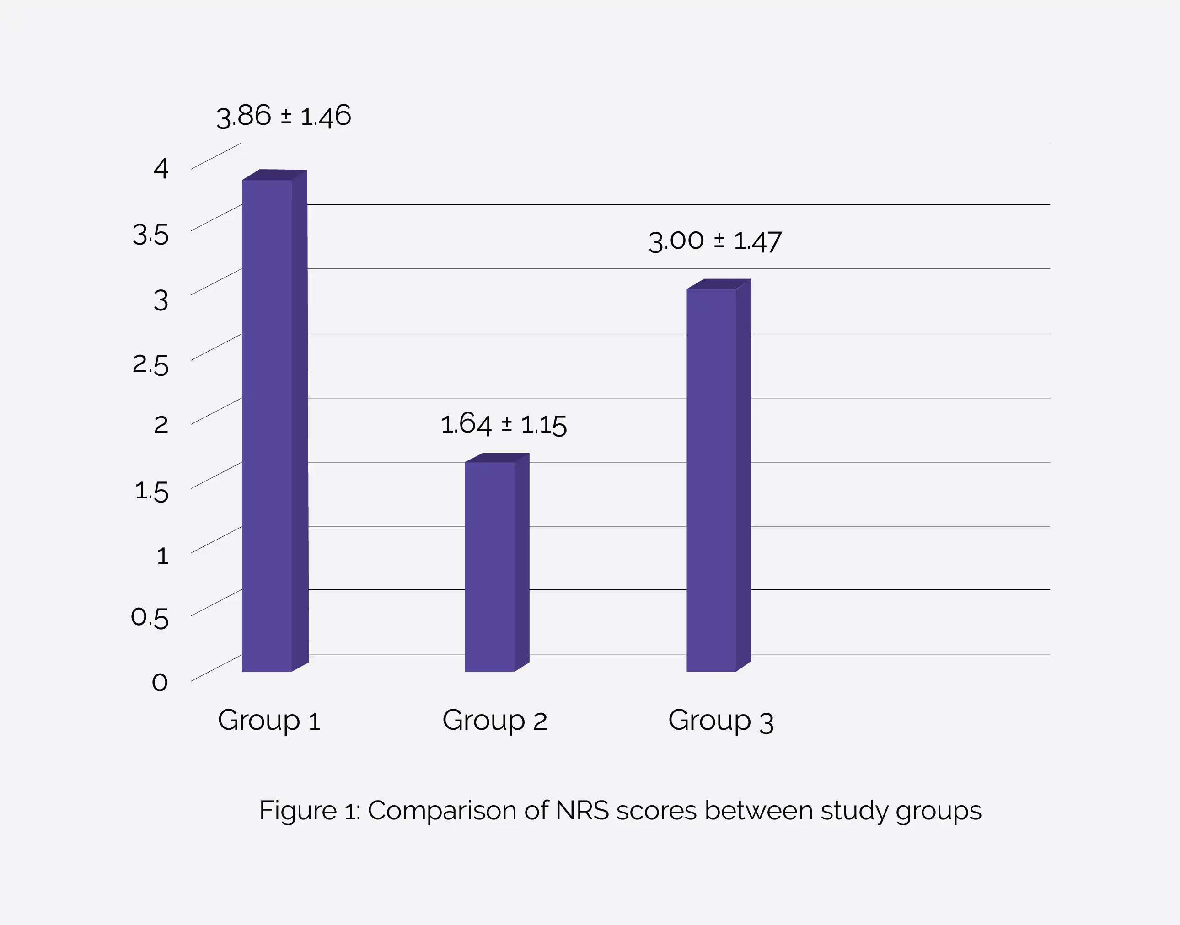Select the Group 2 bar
tap(490, 566)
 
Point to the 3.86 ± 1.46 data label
tap(284, 116)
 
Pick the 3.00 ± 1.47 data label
tap(715, 241)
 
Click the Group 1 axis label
tap(269, 720)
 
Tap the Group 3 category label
tap(720, 720)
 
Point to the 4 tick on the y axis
tap(161, 168)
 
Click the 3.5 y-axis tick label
tap(150, 235)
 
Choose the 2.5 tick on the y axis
tap(150, 364)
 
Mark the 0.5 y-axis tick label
tap(150, 617)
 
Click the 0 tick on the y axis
tap(160, 682)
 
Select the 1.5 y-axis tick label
tap(152, 491)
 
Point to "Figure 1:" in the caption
tap(309, 811)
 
